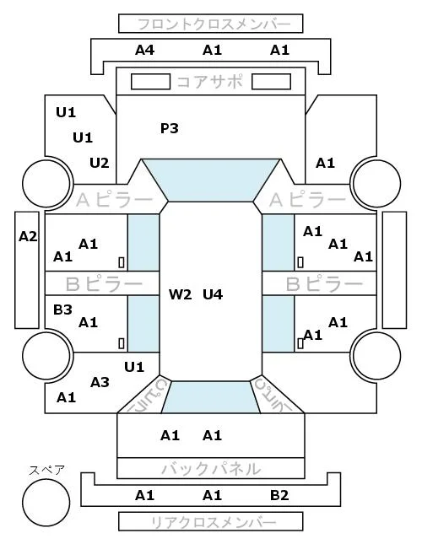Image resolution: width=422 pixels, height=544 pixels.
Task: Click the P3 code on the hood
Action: click(170, 128)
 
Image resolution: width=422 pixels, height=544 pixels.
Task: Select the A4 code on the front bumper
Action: click(144, 51)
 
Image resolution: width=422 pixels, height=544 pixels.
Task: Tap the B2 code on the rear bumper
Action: click(279, 495)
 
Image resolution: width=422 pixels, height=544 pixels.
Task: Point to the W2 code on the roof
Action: click(180, 294)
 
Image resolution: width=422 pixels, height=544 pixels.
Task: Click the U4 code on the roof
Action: click(213, 294)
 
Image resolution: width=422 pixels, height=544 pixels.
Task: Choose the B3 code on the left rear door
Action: click(62, 310)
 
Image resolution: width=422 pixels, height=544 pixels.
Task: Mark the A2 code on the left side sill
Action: click(28, 237)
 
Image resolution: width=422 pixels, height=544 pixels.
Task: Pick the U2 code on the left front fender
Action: click(100, 163)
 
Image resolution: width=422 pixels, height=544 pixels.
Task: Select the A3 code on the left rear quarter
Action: click(100, 382)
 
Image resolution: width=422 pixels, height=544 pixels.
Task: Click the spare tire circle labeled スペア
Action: click(46, 503)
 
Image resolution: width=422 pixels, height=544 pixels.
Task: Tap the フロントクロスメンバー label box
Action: click(211, 24)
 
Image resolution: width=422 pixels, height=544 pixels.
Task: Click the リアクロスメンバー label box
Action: click(211, 521)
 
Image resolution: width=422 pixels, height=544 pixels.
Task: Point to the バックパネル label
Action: click(211, 469)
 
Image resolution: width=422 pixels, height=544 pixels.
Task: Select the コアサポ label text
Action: click(210, 82)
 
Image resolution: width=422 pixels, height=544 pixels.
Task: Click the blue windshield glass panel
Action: click(211, 180)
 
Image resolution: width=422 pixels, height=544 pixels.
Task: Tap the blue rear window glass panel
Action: click(211, 397)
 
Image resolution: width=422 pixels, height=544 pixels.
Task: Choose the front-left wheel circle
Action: click(46, 183)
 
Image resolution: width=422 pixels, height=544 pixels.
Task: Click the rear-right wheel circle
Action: click(377, 355)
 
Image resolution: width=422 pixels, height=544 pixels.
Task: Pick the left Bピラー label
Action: click(104, 284)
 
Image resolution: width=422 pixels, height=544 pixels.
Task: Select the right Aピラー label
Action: click(307, 200)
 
